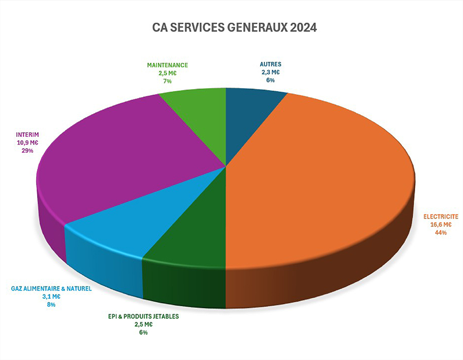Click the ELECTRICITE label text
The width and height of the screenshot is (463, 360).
[x=440, y=217]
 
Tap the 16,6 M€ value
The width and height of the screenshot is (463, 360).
[x=440, y=225]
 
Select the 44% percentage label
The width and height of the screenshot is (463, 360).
[x=440, y=232]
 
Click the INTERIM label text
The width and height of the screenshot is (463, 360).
[x=28, y=134]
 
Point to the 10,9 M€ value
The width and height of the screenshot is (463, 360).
[x=28, y=142]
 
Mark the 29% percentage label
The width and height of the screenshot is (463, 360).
[x=28, y=151]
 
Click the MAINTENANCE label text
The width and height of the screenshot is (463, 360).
[x=167, y=65]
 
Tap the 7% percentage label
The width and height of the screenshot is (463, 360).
[x=167, y=82]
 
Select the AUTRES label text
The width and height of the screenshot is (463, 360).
[x=270, y=64]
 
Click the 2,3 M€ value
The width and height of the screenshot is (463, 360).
[x=270, y=73]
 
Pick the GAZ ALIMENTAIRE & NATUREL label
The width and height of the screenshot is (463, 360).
[x=51, y=289]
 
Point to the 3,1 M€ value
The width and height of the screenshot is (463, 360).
[x=51, y=297]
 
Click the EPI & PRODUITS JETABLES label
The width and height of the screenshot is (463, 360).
[x=143, y=316]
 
